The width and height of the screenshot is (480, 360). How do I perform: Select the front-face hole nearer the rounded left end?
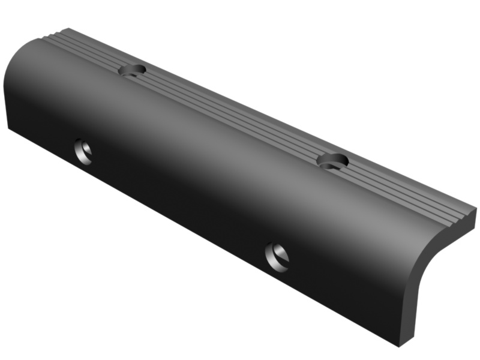click(83, 152)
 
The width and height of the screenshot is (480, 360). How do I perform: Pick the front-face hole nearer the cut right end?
click(277, 256)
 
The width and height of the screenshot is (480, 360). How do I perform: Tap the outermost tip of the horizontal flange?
click(476, 211)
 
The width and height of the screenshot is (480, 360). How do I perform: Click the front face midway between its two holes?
click(180, 204)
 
